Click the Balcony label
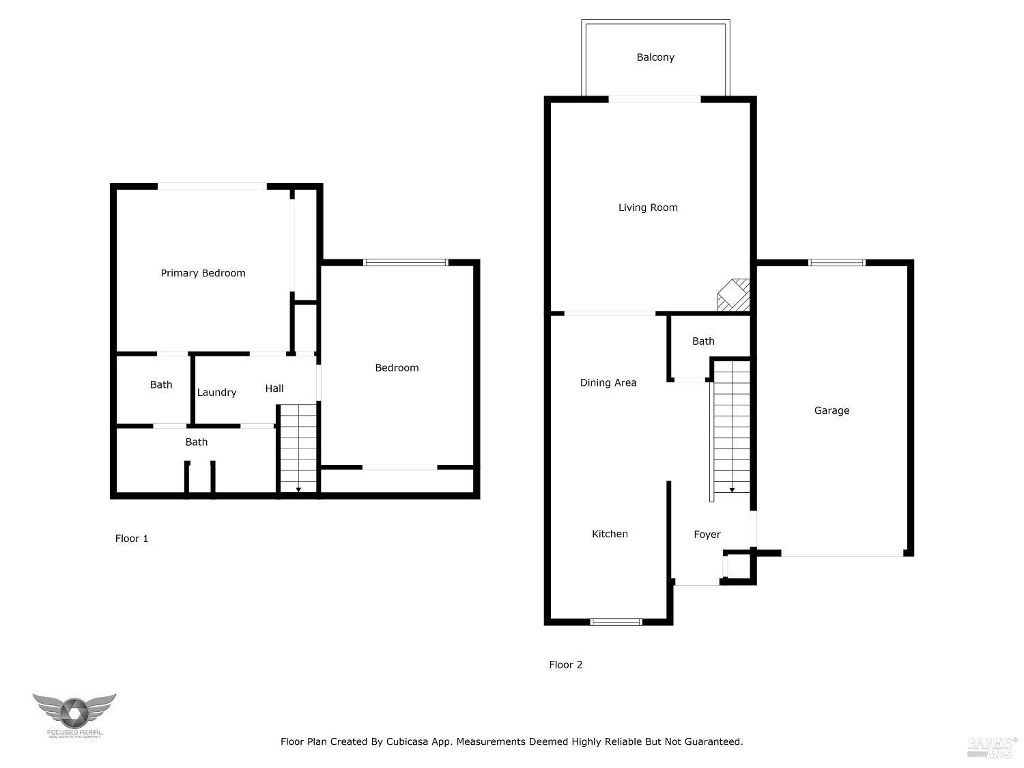655,57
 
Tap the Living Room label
648,208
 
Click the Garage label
831,410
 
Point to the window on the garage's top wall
836,262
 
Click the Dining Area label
608,383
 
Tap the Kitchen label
610,534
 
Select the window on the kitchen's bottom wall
616,622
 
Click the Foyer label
707,535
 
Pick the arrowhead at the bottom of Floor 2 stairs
732,489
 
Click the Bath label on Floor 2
703,341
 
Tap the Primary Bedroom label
203,273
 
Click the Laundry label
216,393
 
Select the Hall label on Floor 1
274,388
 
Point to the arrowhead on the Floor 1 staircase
298,489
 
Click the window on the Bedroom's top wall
406,262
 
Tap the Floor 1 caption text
132,539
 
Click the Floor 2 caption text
566,665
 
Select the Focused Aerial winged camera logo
74,712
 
